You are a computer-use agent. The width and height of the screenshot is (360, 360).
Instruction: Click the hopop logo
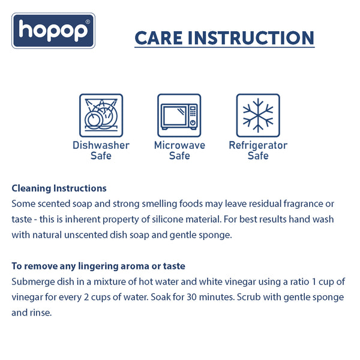(x=53, y=31)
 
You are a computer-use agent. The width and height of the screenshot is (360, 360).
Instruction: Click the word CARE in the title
(x=158, y=38)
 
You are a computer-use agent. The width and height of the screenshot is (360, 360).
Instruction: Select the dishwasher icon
(x=101, y=115)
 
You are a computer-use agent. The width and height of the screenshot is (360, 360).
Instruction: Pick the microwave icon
(x=179, y=115)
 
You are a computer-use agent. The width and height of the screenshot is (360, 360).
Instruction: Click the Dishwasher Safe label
(x=101, y=151)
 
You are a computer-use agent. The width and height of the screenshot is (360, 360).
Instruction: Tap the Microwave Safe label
(x=179, y=151)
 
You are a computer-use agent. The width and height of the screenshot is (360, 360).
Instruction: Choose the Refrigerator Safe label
(x=258, y=151)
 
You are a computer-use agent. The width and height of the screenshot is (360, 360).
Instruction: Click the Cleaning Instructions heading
(x=59, y=188)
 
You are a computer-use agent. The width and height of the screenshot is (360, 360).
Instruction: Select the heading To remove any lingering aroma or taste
(x=98, y=266)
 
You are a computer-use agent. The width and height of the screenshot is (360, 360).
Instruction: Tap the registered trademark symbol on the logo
(x=88, y=22)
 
